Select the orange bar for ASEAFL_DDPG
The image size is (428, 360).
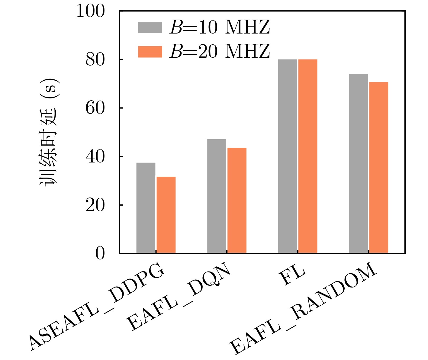(166, 215)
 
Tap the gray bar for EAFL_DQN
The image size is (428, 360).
(217, 196)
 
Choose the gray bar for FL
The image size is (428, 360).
(288, 156)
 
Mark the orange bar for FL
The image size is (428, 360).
(308, 156)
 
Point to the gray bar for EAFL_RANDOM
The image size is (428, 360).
(358, 163)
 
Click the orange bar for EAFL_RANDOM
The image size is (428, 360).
(378, 168)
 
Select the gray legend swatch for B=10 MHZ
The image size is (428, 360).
(150, 27)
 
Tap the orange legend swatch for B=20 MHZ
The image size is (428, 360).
(150, 52)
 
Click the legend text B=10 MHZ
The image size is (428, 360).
(220, 27)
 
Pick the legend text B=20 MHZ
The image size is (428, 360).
(220, 52)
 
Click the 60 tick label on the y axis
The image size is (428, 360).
(95, 108)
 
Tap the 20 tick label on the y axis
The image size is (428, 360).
(95, 205)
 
